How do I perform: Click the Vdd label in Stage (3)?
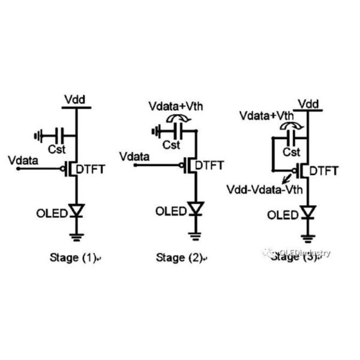coord(308,104)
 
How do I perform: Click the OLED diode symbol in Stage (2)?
coord(194,209)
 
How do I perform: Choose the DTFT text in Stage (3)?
coord(328,171)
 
